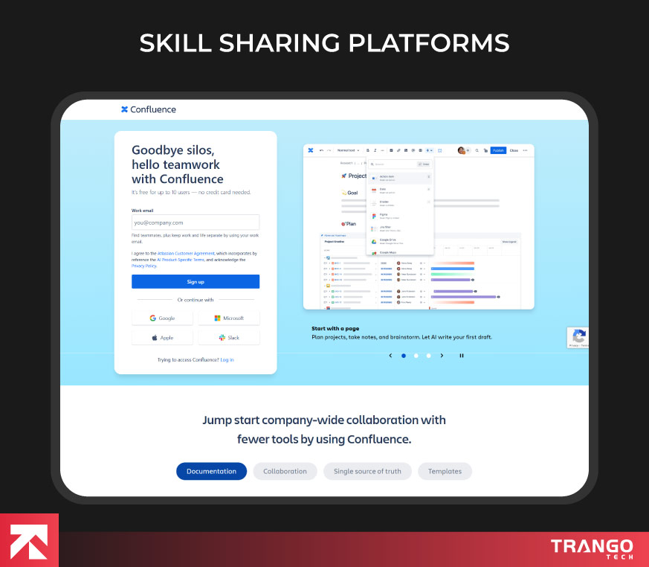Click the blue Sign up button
196,281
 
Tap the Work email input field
196,222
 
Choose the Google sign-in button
162,318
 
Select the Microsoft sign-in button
229,318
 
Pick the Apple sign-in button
162,337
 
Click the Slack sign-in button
229,337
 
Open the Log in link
227,359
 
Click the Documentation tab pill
211,471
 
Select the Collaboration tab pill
285,471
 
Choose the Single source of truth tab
367,471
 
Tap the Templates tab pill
445,471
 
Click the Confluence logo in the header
149,109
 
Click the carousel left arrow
390,356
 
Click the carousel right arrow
442,356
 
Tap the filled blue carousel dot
404,356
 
